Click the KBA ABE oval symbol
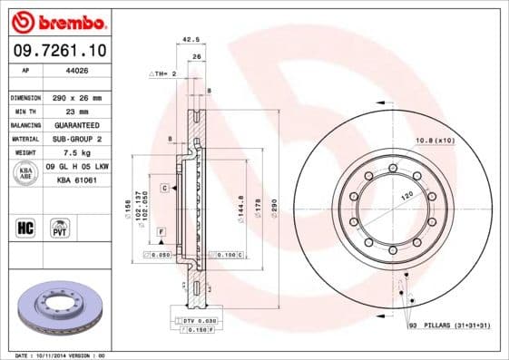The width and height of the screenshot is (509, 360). click(x=26, y=172)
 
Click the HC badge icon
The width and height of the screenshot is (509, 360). click(x=25, y=226)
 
